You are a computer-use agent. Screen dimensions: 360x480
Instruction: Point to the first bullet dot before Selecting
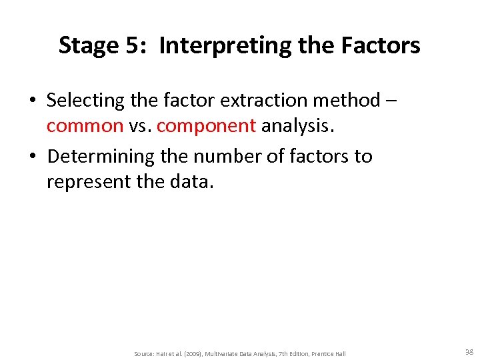(32, 101)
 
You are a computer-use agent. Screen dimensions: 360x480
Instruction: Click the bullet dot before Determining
(32, 157)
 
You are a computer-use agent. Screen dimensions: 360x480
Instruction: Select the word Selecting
(85, 101)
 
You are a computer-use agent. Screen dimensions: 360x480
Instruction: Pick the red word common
(85, 126)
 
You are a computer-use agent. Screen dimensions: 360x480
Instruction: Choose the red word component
(206, 126)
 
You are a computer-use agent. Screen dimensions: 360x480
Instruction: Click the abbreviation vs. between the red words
(140, 126)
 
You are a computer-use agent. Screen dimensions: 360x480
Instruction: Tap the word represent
(92, 182)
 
